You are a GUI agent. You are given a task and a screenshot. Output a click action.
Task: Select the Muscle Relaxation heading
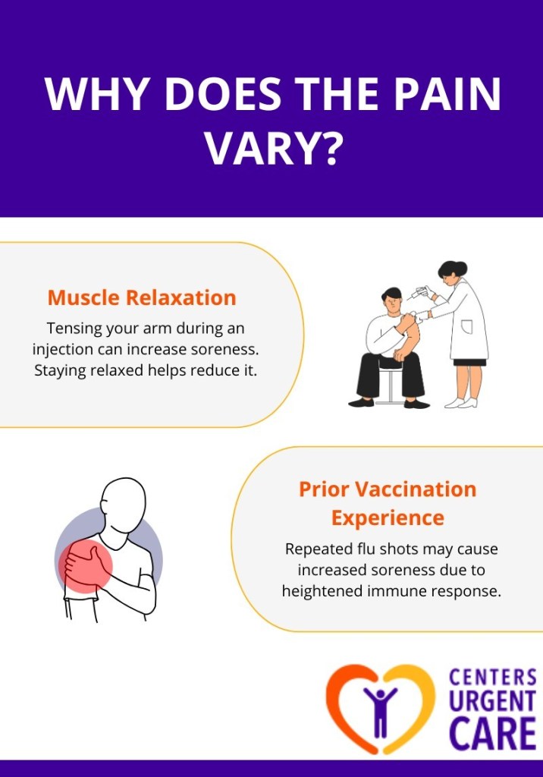[142, 297]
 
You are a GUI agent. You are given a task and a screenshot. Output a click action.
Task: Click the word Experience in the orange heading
[388, 518]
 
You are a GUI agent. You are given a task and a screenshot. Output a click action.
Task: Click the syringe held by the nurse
[416, 294]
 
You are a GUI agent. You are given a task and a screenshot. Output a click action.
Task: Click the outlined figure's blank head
[123, 505]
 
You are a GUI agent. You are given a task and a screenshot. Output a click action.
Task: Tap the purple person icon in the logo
[380, 709]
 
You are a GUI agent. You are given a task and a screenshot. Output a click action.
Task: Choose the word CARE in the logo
[492, 734]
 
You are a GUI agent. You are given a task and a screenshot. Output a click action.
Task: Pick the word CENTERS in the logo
[492, 676]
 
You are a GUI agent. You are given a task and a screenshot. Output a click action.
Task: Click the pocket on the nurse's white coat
[467, 327]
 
